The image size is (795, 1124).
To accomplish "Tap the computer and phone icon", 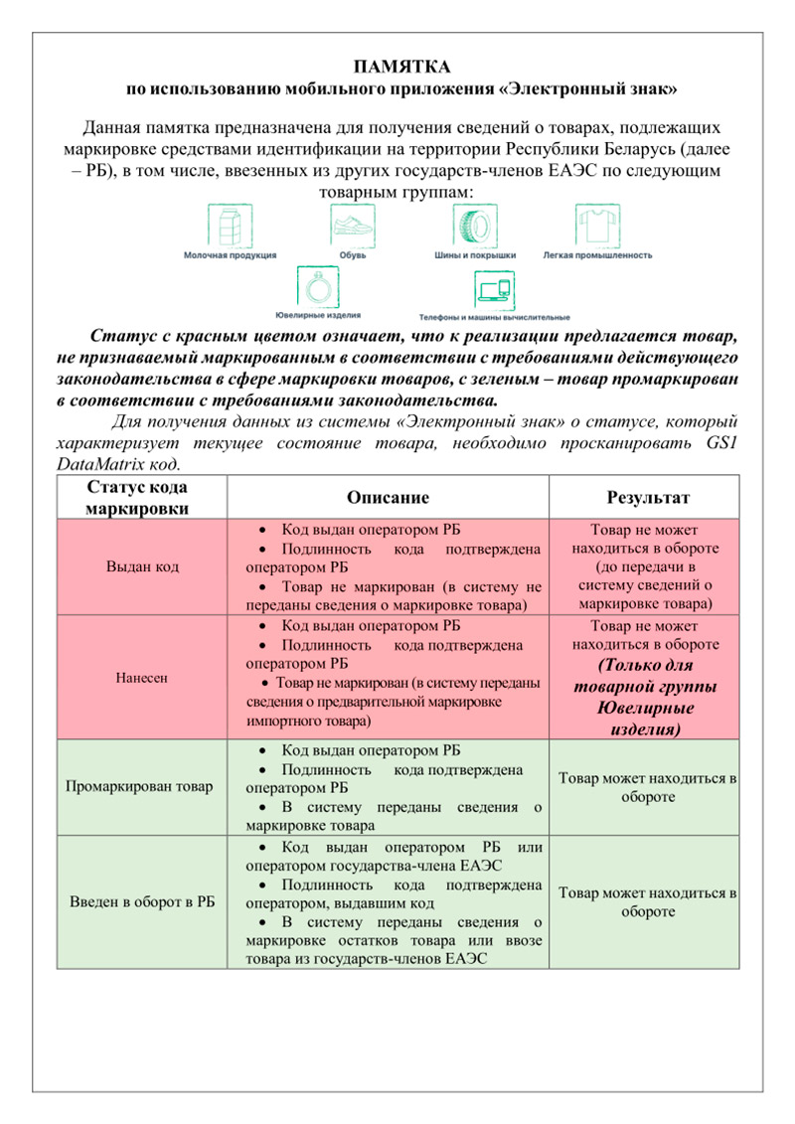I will [493, 289].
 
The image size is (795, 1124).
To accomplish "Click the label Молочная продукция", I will [230, 255].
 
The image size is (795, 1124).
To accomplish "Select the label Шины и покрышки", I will [474, 255].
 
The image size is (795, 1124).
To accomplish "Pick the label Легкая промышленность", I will [597, 255].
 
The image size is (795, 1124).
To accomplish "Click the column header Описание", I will [388, 497].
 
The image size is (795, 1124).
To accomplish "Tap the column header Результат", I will [648, 497].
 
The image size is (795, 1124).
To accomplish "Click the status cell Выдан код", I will [141, 566].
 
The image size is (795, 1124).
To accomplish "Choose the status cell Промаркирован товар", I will [138, 787].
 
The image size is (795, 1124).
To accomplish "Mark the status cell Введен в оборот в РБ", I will [142, 901].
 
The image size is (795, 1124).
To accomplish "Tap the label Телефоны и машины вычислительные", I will [494, 318].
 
